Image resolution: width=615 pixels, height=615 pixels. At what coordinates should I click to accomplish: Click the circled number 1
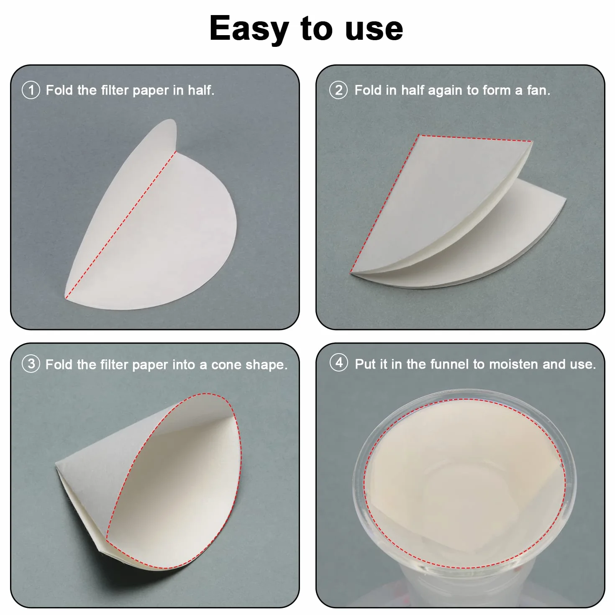coord(31,90)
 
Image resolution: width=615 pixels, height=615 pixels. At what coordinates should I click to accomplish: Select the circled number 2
coord(338,90)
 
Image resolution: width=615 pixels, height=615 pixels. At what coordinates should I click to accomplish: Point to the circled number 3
coord(31,364)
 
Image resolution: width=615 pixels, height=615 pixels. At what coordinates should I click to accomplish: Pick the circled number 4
coord(339,363)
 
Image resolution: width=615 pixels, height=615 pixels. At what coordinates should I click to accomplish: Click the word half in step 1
coord(201,90)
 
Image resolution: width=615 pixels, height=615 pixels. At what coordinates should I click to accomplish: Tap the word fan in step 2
coord(538,90)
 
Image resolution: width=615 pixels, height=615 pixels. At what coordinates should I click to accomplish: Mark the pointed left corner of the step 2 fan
coord(351,272)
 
